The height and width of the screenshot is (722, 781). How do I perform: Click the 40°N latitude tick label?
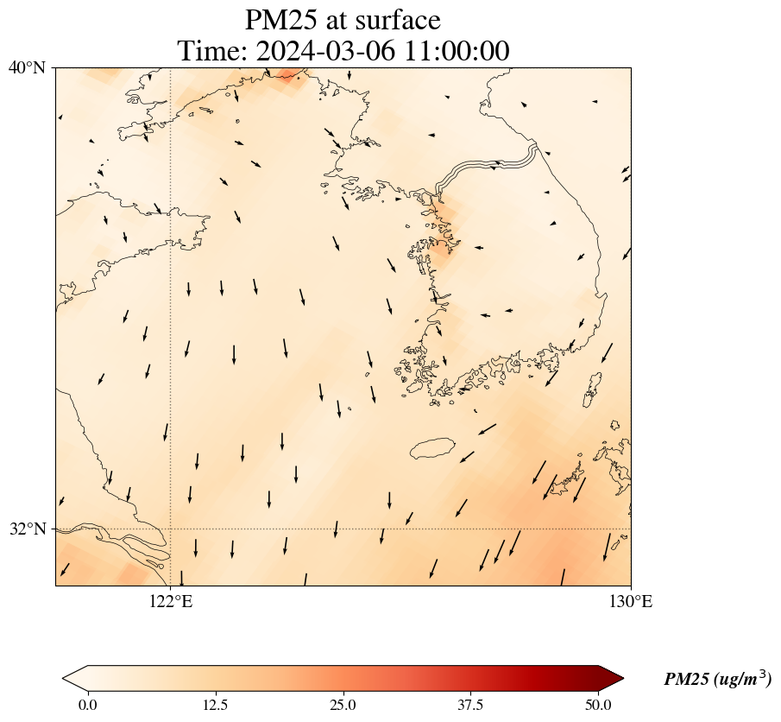(27, 67)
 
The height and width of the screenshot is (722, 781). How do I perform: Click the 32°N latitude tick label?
(27, 529)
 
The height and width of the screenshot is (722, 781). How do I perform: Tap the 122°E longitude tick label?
(171, 601)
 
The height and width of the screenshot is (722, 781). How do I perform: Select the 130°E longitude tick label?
(631, 601)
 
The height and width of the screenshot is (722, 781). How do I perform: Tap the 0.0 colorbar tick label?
(87, 705)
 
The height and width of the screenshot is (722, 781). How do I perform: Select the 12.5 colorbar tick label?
(215, 705)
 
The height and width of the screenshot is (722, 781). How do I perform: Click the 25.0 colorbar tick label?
(343, 705)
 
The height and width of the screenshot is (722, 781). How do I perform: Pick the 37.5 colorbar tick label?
(470, 705)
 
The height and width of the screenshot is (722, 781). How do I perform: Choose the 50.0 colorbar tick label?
(598, 705)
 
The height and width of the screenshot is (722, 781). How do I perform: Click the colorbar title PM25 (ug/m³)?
(717, 680)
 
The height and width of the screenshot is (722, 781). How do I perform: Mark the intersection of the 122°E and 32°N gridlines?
(171, 529)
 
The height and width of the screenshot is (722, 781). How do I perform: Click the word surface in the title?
(397, 20)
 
